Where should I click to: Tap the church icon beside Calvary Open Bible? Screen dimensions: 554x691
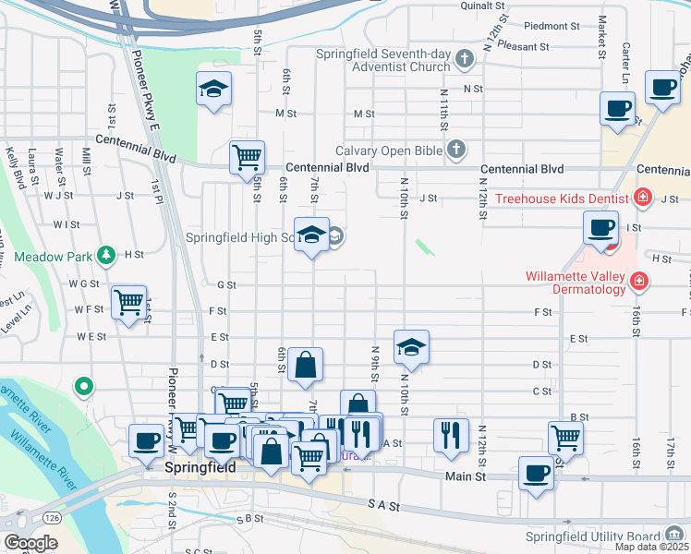point(455,149)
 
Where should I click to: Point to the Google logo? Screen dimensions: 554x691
point(31,543)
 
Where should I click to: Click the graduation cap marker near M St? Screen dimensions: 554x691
point(213,89)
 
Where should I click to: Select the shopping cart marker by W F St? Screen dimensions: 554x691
point(129,301)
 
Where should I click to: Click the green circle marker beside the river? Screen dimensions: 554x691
point(84,385)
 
